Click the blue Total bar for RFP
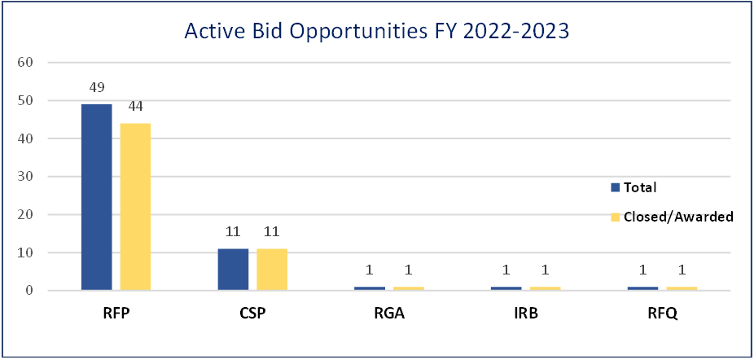pyautogui.click(x=96, y=197)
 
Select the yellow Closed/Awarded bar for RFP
pyautogui.click(x=135, y=207)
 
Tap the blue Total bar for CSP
pyautogui.click(x=233, y=270)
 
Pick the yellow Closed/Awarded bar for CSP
pyautogui.click(x=272, y=270)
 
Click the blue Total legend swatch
pyautogui.click(x=616, y=187)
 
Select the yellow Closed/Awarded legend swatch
pyautogui.click(x=616, y=217)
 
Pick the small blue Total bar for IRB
pyautogui.click(x=506, y=289)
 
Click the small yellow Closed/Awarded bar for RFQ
pyautogui.click(x=682, y=289)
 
